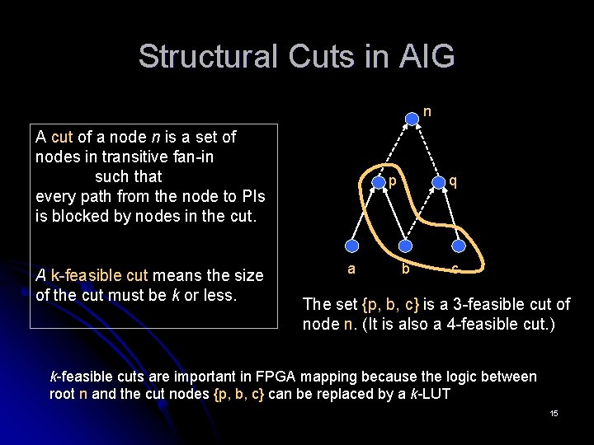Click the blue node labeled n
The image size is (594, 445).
pos(412,119)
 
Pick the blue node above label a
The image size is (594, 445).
pos(351,245)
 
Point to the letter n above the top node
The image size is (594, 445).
pos(427,109)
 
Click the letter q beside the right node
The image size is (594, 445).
pos(453,181)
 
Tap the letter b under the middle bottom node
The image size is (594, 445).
pos(405,269)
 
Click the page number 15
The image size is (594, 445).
pos(554,412)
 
